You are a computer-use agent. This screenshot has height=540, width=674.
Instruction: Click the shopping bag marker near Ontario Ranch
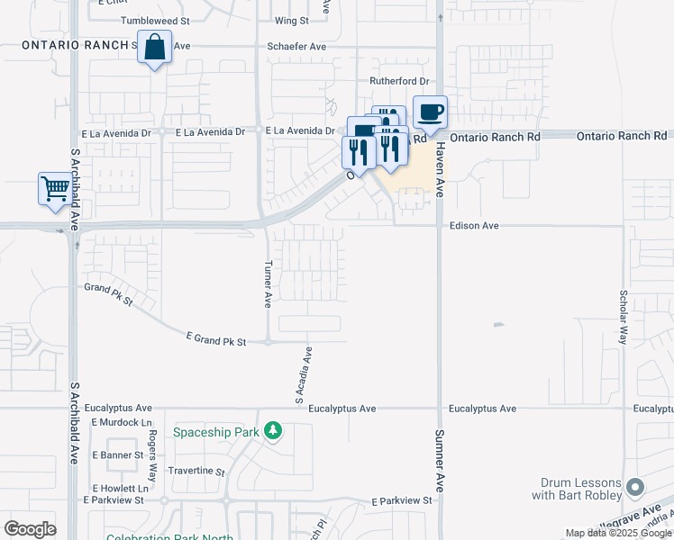pyautogui.click(x=155, y=47)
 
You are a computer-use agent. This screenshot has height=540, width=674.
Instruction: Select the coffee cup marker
pyautogui.click(x=430, y=112)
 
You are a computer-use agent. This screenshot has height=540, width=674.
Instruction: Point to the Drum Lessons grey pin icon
pyautogui.click(x=635, y=488)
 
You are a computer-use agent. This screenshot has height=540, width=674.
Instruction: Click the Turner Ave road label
pyautogui.click(x=269, y=284)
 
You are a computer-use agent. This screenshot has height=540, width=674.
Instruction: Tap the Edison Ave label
pyautogui.click(x=474, y=226)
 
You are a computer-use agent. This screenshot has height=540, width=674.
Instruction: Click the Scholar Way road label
pyautogui.click(x=623, y=317)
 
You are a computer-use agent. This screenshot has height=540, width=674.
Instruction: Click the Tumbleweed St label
pyautogui.click(x=155, y=20)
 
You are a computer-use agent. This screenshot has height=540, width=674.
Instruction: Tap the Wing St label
pyautogui.click(x=291, y=20)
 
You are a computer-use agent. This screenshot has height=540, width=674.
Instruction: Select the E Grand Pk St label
pyautogui.click(x=216, y=338)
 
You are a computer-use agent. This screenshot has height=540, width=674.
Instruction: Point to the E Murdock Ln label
pyautogui.click(x=119, y=421)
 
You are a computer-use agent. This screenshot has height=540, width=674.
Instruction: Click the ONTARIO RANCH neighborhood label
pyautogui.click(x=74, y=44)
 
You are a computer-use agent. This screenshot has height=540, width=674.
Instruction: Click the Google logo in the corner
pyautogui.click(x=31, y=528)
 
